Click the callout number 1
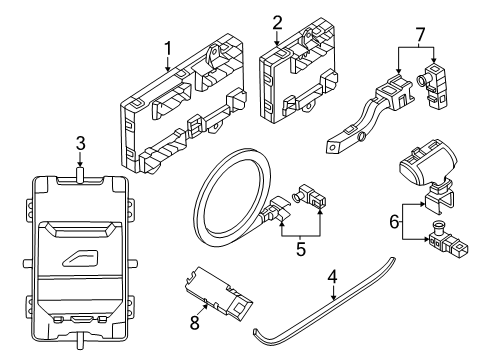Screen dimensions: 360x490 coord(168,46)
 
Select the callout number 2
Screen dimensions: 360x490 coord(277,21)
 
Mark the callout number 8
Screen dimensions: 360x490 coord(195,323)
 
